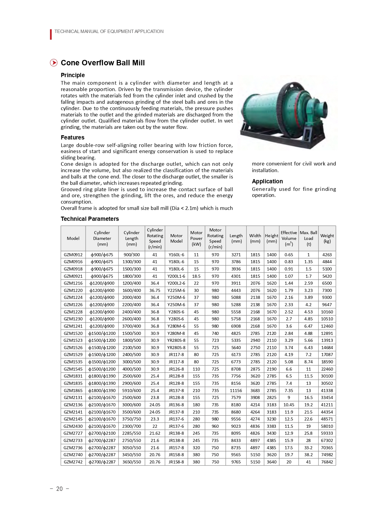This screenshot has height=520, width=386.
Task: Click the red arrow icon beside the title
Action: (x=54, y=63)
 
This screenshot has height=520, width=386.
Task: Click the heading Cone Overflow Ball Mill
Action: (x=103, y=63)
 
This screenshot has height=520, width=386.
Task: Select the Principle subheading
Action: (x=73, y=75)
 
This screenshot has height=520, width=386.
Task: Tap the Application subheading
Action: (x=267, y=181)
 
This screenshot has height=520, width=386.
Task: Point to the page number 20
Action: (x=60, y=489)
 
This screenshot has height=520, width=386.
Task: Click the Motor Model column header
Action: (x=176, y=238)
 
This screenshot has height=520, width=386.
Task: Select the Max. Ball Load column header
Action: (x=308, y=238)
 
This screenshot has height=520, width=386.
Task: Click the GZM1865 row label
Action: (x=73, y=391)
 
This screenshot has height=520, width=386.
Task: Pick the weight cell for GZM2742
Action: (x=327, y=462)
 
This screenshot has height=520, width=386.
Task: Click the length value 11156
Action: (x=236, y=391)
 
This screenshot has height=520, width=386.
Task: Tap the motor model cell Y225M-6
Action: (x=176, y=290)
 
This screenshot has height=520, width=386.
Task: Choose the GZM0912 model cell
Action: (x=73, y=255)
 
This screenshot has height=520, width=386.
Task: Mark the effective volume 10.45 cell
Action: (x=289, y=405)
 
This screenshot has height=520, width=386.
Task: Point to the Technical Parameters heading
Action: (x=90, y=219)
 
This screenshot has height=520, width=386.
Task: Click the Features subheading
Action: (x=72, y=137)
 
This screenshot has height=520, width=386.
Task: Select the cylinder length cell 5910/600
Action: (x=132, y=391)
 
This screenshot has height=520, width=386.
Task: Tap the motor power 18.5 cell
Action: (x=196, y=276)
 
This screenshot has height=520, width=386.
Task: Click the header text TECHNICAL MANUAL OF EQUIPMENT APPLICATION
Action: (x=109, y=31)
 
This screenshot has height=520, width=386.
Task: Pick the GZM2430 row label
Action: (x=73, y=426)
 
